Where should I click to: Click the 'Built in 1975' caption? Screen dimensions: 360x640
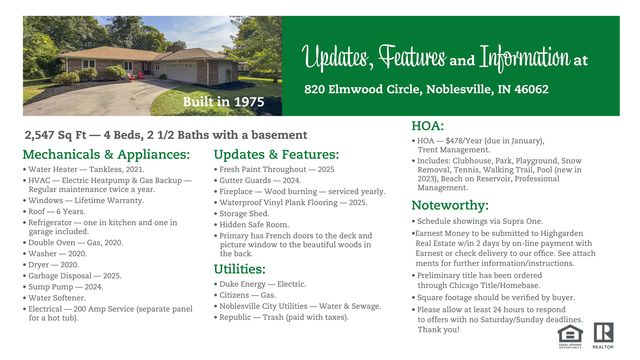(x=225, y=102)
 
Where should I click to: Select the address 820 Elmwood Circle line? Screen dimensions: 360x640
(x=426, y=89)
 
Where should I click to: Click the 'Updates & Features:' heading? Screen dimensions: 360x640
(x=276, y=155)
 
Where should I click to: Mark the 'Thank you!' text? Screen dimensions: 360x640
(x=439, y=329)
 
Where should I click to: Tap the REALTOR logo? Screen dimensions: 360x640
(x=602, y=333)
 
